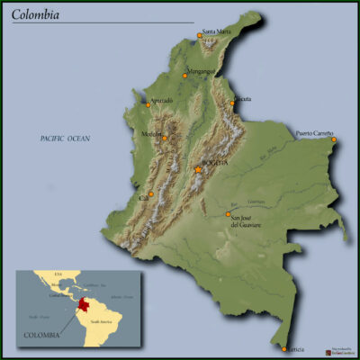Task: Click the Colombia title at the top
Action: (37, 14)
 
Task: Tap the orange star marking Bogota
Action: (198, 169)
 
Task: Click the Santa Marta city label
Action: (220, 31)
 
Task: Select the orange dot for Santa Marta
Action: (200, 37)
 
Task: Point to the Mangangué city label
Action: (203, 70)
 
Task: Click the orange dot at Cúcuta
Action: (232, 103)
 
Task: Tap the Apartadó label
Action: (161, 100)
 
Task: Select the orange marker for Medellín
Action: (165, 138)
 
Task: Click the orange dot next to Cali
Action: (151, 193)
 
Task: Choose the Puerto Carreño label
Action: (315, 133)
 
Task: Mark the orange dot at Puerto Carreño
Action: (334, 139)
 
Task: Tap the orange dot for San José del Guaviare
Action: (228, 214)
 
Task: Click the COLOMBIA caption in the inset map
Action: (42, 335)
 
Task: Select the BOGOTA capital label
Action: (216, 162)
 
